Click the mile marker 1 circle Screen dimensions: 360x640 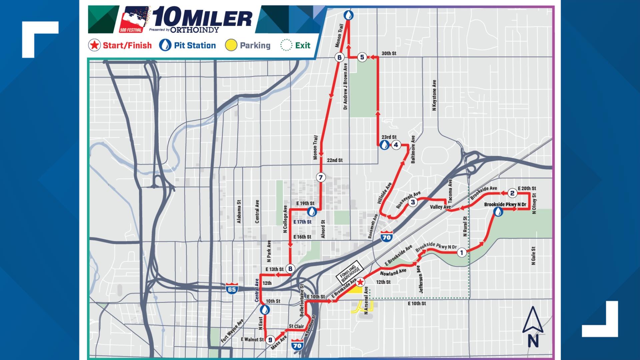(x=462, y=253)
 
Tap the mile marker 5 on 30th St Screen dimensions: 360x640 (x=362, y=57)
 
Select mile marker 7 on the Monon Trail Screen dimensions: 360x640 (x=321, y=177)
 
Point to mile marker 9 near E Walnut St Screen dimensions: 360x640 (x=270, y=340)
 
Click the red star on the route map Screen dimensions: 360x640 (x=360, y=283)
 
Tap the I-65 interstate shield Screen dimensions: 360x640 (x=232, y=288)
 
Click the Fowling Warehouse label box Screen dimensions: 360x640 (x=349, y=271)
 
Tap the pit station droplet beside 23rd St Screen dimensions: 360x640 (x=384, y=145)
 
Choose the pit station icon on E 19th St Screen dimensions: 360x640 (x=312, y=211)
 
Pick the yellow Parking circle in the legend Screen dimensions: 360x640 (x=231, y=45)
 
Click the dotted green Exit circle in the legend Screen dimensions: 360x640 (x=286, y=45)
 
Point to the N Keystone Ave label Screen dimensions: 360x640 (x=434, y=95)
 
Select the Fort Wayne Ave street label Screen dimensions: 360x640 (x=232, y=331)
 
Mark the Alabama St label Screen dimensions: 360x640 (x=239, y=212)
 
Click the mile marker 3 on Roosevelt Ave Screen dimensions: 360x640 (x=413, y=202)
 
